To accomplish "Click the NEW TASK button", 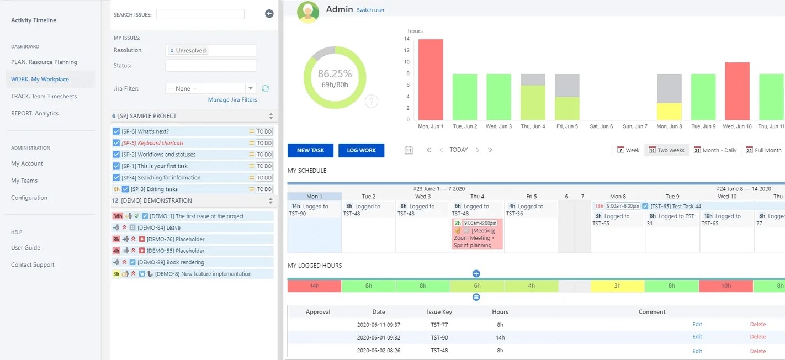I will point(310,150).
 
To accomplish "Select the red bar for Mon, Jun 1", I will point(431,80).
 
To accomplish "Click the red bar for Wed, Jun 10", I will point(737,91).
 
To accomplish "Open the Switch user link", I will point(370,10).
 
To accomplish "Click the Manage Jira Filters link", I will point(232,100).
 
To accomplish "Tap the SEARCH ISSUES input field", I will point(200,14).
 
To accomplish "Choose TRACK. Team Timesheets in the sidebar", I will point(44,97).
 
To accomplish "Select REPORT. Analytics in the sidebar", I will point(35,114).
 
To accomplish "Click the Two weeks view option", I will point(666,150).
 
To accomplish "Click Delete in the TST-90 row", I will point(757,337).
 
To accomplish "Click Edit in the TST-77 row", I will point(697,325).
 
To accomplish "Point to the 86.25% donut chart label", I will point(335,74).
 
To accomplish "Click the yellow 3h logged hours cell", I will point(617,286).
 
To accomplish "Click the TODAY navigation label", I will point(458,150).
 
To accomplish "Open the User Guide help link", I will point(25,248).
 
